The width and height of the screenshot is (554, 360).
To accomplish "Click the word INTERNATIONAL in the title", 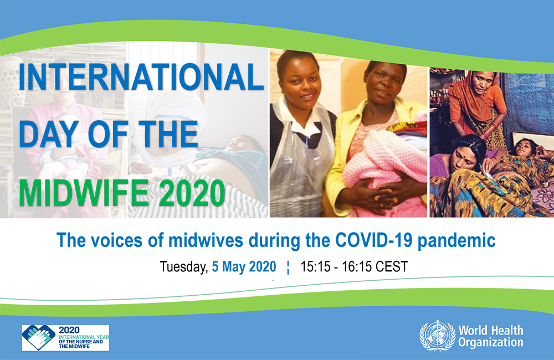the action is coord(141,77).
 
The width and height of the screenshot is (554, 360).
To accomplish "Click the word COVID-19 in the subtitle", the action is coord(373,240).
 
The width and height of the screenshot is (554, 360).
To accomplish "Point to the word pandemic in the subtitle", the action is coord(456,241).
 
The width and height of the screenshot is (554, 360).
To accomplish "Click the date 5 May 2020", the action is coord(244,267).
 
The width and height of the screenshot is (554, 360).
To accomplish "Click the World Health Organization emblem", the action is coord(437,336).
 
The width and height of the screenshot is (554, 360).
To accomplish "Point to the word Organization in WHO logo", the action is coord(491,342).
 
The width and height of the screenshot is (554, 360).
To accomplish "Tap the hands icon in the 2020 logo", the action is coord(39,338).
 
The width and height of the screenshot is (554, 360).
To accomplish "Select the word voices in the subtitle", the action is coord(117,240).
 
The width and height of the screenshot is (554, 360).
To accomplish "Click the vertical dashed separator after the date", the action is coord(288,268).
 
